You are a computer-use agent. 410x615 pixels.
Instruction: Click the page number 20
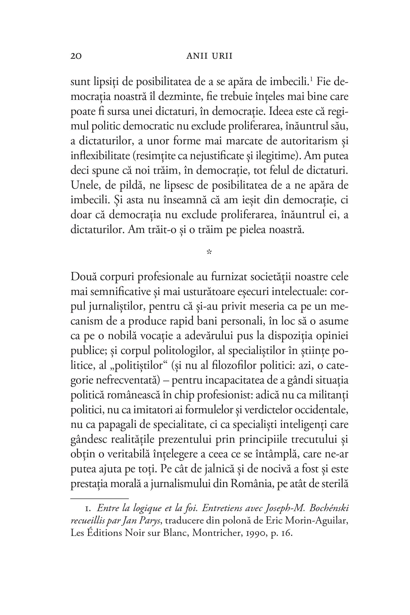tap(76, 57)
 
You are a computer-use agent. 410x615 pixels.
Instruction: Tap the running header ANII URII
tap(209, 57)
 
